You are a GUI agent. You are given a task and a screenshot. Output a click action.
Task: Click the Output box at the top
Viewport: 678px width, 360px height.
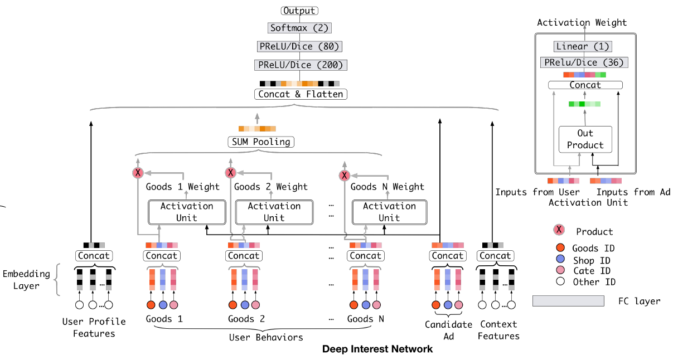(300, 11)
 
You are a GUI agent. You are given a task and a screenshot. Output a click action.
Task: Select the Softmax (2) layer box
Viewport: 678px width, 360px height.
(300, 28)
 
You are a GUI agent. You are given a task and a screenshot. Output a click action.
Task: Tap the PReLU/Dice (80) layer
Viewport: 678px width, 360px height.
(300, 46)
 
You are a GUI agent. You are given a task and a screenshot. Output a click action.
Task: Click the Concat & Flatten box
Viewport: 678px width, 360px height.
(301, 94)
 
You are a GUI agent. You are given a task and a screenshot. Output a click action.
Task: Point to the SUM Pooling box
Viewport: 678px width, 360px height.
(261, 142)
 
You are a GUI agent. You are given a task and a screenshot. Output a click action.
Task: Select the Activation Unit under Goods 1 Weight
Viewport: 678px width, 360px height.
(187, 212)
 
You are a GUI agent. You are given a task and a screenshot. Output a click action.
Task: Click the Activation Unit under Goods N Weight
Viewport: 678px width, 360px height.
(389, 212)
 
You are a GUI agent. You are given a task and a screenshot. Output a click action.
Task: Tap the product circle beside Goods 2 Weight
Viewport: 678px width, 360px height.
(230, 173)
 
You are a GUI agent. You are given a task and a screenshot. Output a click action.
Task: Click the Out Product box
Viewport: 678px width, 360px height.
(585, 139)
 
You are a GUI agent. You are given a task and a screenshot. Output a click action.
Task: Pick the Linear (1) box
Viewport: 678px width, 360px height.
(582, 47)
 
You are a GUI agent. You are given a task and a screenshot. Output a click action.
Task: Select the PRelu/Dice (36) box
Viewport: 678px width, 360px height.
(585, 63)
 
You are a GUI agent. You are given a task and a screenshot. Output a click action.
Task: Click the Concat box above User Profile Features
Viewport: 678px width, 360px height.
(94, 256)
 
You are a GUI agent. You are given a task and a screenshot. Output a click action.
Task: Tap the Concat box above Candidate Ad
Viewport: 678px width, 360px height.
(448, 256)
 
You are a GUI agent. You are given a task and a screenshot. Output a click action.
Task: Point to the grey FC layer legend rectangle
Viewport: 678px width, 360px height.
(568, 301)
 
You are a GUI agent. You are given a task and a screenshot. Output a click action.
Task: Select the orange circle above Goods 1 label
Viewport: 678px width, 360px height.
(151, 305)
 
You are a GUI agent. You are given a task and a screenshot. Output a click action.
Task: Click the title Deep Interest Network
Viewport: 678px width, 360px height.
(377, 349)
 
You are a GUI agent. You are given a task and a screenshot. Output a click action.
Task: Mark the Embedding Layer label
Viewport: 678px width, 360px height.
(26, 280)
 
